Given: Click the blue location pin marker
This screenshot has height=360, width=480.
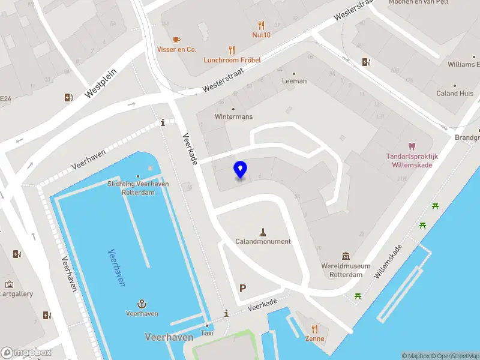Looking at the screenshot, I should pyautogui.click(x=241, y=170).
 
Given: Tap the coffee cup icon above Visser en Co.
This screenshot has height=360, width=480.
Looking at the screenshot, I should pyautogui.click(x=176, y=40).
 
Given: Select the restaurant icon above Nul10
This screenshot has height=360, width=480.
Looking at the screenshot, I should pyautogui.click(x=261, y=25).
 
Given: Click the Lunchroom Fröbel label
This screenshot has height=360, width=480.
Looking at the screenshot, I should pyautogui.click(x=232, y=60).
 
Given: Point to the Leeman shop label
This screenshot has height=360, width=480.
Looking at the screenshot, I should pyautogui.click(x=294, y=81).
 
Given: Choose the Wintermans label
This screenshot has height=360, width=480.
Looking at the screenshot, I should pyautogui.click(x=233, y=116).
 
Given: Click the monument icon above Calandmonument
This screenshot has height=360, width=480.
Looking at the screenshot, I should pyautogui.click(x=263, y=232).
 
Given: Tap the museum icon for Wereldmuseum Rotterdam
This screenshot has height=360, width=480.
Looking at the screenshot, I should pyautogui.click(x=346, y=257).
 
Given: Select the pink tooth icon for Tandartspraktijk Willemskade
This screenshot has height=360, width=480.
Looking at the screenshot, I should pyautogui.click(x=412, y=146).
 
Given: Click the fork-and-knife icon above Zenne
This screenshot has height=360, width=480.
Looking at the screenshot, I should pyautogui.click(x=314, y=329).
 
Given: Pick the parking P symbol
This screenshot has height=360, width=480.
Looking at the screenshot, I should pyautogui.click(x=242, y=288).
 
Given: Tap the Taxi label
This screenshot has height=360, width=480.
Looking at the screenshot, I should pyautogui.click(x=207, y=333).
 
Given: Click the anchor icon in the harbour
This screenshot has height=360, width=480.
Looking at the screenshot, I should pyautogui.click(x=142, y=304).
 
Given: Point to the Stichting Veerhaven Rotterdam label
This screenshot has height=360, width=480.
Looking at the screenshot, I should pyautogui.click(x=137, y=188).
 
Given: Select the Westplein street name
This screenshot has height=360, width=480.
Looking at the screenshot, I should pyautogui.click(x=101, y=82).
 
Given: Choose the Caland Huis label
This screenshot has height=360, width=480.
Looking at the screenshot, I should pyautogui.click(x=454, y=94).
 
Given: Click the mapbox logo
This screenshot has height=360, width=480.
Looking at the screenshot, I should pyautogui.click(x=26, y=352).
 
